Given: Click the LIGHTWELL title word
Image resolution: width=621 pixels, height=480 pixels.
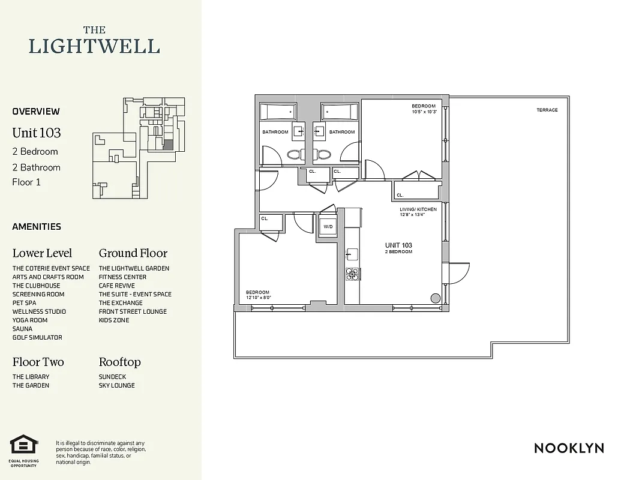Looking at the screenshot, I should point(94,46).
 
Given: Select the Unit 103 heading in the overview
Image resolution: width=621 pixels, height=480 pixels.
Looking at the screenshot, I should point(37,133).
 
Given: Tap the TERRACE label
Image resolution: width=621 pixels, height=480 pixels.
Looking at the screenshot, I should point(547,110).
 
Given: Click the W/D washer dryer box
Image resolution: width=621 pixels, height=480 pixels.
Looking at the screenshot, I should point(328,227).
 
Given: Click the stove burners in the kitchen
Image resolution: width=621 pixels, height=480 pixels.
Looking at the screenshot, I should point(352,274).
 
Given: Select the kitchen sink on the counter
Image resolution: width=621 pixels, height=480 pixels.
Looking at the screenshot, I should point(352,254).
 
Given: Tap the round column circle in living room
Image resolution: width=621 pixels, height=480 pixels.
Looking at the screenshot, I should point(436,298).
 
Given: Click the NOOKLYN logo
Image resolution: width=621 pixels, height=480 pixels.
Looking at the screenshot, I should point(568,448).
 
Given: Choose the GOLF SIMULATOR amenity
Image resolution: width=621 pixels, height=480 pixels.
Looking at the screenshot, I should point(37,337).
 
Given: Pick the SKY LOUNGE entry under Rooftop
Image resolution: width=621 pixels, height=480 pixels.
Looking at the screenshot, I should point(116,385).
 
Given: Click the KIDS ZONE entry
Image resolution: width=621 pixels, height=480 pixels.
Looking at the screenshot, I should point(114,320).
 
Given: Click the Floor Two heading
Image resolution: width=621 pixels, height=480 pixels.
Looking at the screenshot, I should point(38,362).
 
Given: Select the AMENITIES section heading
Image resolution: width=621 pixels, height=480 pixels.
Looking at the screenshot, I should point(37,227).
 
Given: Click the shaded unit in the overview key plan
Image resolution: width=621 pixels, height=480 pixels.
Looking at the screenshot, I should point(169,145).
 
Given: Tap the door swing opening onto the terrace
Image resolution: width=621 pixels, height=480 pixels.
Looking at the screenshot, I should point(458,274).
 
